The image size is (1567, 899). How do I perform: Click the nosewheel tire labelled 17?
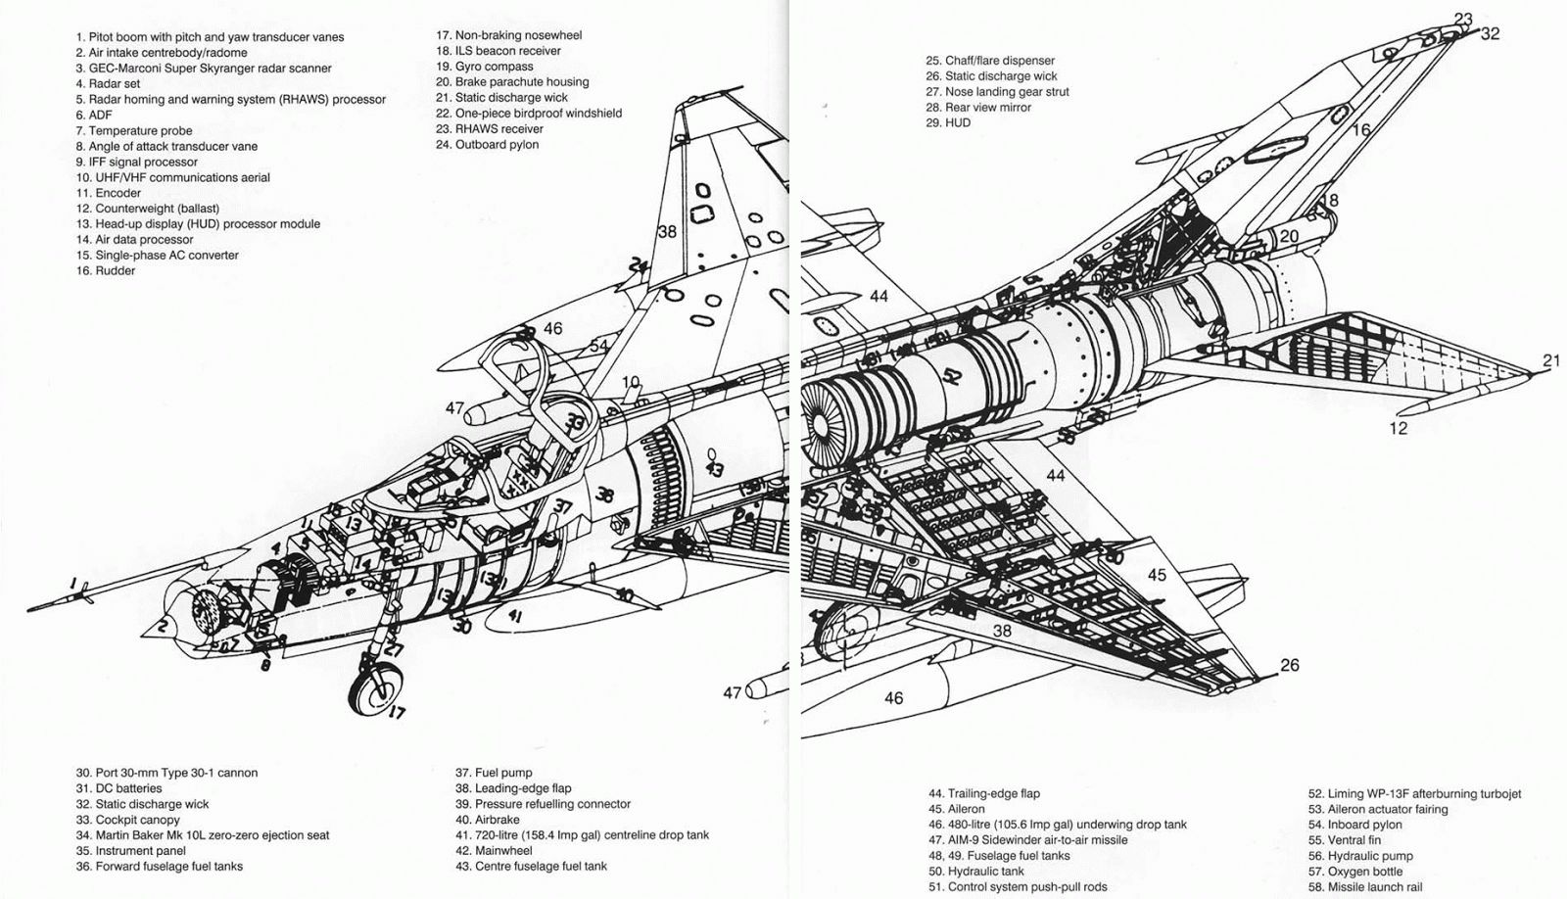[375, 688]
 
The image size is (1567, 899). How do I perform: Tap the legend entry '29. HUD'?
[948, 123]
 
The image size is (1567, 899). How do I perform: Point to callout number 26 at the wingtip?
[1290, 665]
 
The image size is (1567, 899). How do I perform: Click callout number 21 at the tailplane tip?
[1551, 360]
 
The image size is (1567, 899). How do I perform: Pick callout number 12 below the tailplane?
[1398, 428]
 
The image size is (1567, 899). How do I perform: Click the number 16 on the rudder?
[1361, 129]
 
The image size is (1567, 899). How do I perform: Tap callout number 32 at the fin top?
[1490, 34]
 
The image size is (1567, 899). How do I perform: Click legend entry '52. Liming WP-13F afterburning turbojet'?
[1414, 794]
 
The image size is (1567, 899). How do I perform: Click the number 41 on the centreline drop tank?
[514, 616]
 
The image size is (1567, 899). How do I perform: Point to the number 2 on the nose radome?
[163, 626]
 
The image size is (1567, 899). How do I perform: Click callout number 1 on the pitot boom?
[71, 585]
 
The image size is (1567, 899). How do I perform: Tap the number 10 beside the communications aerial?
[631, 382]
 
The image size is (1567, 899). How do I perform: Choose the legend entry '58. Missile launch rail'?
[1365, 887]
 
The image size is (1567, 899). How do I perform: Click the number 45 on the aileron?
[1157, 575]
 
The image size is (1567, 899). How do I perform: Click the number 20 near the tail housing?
[1289, 236]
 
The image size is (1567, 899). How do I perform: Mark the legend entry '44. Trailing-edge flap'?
[984, 794]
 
